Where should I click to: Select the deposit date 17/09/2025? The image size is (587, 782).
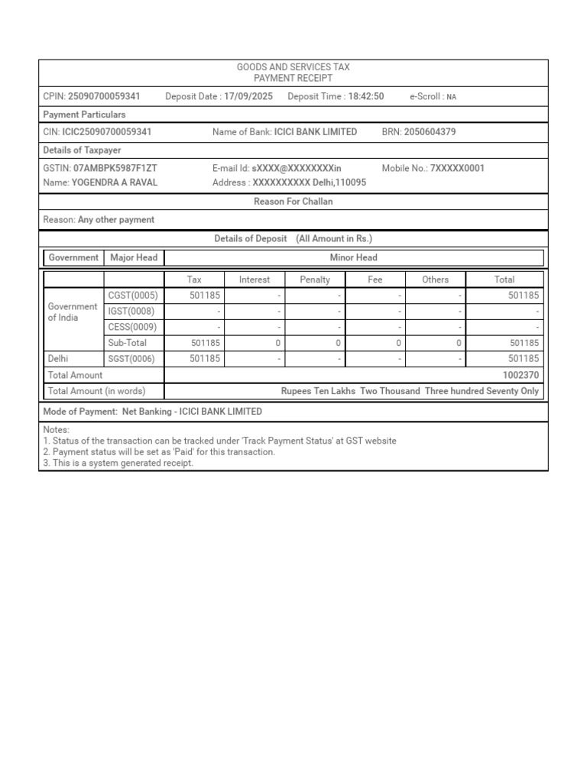(x=248, y=96)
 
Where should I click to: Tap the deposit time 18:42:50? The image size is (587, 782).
(x=366, y=96)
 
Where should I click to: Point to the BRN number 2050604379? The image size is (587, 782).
(x=430, y=132)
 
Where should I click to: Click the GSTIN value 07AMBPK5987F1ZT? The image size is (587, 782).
(x=115, y=168)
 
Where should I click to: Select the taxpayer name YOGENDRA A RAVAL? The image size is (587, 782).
(x=114, y=183)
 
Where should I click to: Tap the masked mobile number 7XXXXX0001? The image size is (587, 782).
(x=457, y=168)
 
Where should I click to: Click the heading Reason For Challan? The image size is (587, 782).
(x=293, y=202)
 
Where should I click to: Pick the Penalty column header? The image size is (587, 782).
(x=315, y=280)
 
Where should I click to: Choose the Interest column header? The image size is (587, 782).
(x=255, y=280)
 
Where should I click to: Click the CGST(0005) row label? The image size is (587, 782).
(x=133, y=296)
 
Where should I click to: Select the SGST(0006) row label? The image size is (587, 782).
(x=133, y=358)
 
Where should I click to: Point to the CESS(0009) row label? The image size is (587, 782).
(x=133, y=328)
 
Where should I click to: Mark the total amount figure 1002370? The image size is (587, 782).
(x=521, y=375)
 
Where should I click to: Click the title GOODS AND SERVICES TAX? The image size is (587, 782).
(x=293, y=68)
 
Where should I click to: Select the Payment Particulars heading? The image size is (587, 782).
(x=84, y=115)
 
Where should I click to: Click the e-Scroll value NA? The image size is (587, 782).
(x=451, y=97)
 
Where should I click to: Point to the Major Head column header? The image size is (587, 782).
(x=134, y=257)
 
